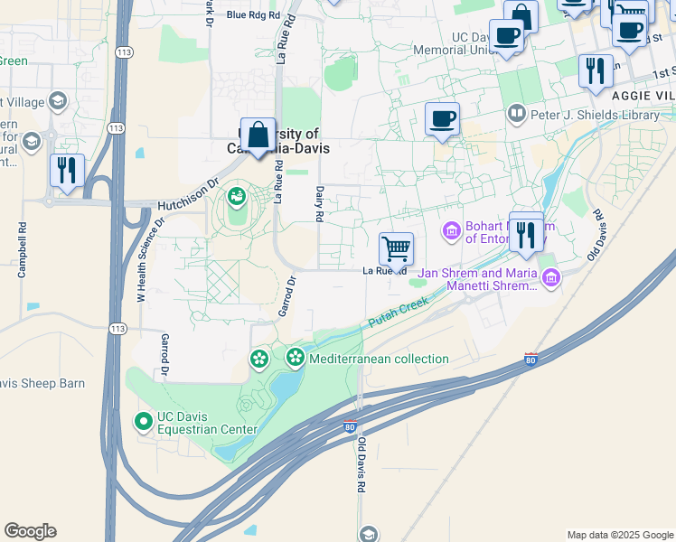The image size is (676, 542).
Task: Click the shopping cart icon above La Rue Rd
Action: pyautogui.click(x=396, y=248)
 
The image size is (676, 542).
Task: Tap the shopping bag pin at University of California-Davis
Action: pyautogui.click(x=258, y=135)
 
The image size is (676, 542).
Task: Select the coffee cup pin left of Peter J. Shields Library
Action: pyautogui.click(x=442, y=119)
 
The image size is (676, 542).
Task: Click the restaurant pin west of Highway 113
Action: pyautogui.click(x=67, y=170)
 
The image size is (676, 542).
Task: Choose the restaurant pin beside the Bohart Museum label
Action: pyautogui.click(x=526, y=233)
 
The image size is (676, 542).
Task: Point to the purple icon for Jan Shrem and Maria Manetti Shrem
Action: pyautogui.click(x=549, y=278)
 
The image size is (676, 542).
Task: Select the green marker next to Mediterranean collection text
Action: pyautogui.click(x=296, y=359)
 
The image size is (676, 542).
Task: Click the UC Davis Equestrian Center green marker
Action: pyautogui.click(x=143, y=421)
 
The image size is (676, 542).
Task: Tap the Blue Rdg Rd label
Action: pyautogui.click(x=254, y=14)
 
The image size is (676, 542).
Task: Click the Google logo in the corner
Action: pyautogui.click(x=30, y=531)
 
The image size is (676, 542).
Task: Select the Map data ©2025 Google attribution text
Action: pyautogui.click(x=620, y=535)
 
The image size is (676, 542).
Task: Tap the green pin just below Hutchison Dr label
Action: pyautogui.click(x=237, y=194)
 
